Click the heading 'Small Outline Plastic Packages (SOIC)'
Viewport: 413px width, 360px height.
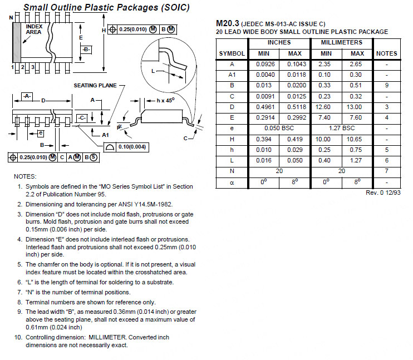[x=106, y=8]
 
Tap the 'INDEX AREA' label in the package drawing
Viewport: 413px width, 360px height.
[x=34, y=29]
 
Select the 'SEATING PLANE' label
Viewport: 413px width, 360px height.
[x=95, y=85]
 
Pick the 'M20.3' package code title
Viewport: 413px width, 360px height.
[x=227, y=23]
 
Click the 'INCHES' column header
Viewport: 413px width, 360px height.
[x=279, y=42]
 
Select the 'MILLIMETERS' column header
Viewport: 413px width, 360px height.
[x=342, y=42]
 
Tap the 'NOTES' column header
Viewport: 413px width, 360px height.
[x=387, y=53]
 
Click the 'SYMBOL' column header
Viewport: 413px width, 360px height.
[x=232, y=53]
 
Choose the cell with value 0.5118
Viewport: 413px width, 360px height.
[x=295, y=107]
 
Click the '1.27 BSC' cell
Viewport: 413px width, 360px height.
[x=342, y=128]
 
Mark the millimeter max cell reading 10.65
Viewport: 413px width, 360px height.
[x=357, y=139]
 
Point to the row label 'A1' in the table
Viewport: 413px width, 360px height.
[x=232, y=75]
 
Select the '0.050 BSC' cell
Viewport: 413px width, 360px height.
[x=279, y=128]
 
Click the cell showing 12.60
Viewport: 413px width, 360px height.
[x=326, y=107]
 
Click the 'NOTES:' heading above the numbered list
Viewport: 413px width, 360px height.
[x=25, y=176]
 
